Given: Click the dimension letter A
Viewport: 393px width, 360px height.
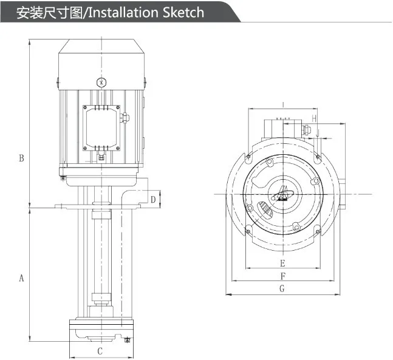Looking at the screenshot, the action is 21,279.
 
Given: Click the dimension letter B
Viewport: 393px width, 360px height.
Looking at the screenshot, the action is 21,158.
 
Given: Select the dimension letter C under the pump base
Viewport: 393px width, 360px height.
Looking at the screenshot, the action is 100,351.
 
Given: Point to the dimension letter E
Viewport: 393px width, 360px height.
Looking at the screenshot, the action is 282,263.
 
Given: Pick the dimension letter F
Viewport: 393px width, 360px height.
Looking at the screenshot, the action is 282,276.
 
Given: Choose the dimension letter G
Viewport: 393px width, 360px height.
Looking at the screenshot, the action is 282,289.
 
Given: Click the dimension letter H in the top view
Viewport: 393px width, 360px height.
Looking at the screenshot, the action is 314,117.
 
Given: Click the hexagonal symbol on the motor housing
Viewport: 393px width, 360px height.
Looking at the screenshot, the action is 101,83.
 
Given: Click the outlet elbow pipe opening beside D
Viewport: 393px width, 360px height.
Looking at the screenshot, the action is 146,199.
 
